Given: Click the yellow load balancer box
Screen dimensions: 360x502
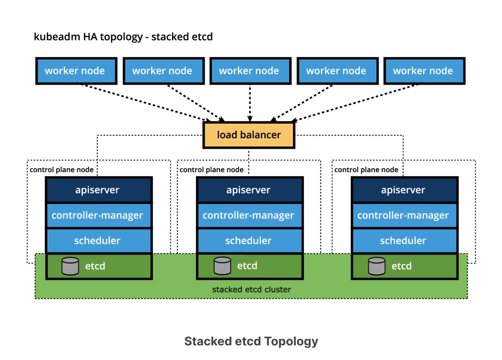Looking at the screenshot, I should click(249, 135).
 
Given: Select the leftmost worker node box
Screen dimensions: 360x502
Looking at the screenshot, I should click(76, 71).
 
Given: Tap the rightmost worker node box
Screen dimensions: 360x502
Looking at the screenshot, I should click(424, 71).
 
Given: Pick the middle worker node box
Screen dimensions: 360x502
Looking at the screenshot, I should click(250, 71).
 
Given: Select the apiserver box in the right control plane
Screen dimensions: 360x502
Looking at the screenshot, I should click(404, 190).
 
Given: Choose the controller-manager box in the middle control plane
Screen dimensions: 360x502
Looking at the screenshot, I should click(250, 215).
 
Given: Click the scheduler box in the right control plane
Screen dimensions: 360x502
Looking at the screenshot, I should click(404, 240).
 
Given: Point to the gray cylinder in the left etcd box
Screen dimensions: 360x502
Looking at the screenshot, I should click(70, 266).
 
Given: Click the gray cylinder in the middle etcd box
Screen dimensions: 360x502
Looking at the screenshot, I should click(222, 266).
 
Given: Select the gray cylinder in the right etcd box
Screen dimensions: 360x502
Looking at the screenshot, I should click(376, 266).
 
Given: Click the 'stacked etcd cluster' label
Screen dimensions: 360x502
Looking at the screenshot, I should click(251, 290).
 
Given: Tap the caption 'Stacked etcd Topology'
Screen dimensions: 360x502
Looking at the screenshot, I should click(251, 341).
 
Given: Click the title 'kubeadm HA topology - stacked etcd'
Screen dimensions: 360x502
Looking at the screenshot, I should click(123, 37).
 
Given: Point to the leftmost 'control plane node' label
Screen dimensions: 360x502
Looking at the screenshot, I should click(61, 170).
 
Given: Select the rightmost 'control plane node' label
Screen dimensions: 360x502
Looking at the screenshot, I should click(366, 170).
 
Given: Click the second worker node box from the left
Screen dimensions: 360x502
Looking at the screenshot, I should click(163, 71).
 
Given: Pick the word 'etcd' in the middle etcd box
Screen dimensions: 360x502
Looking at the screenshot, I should click(247, 266).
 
